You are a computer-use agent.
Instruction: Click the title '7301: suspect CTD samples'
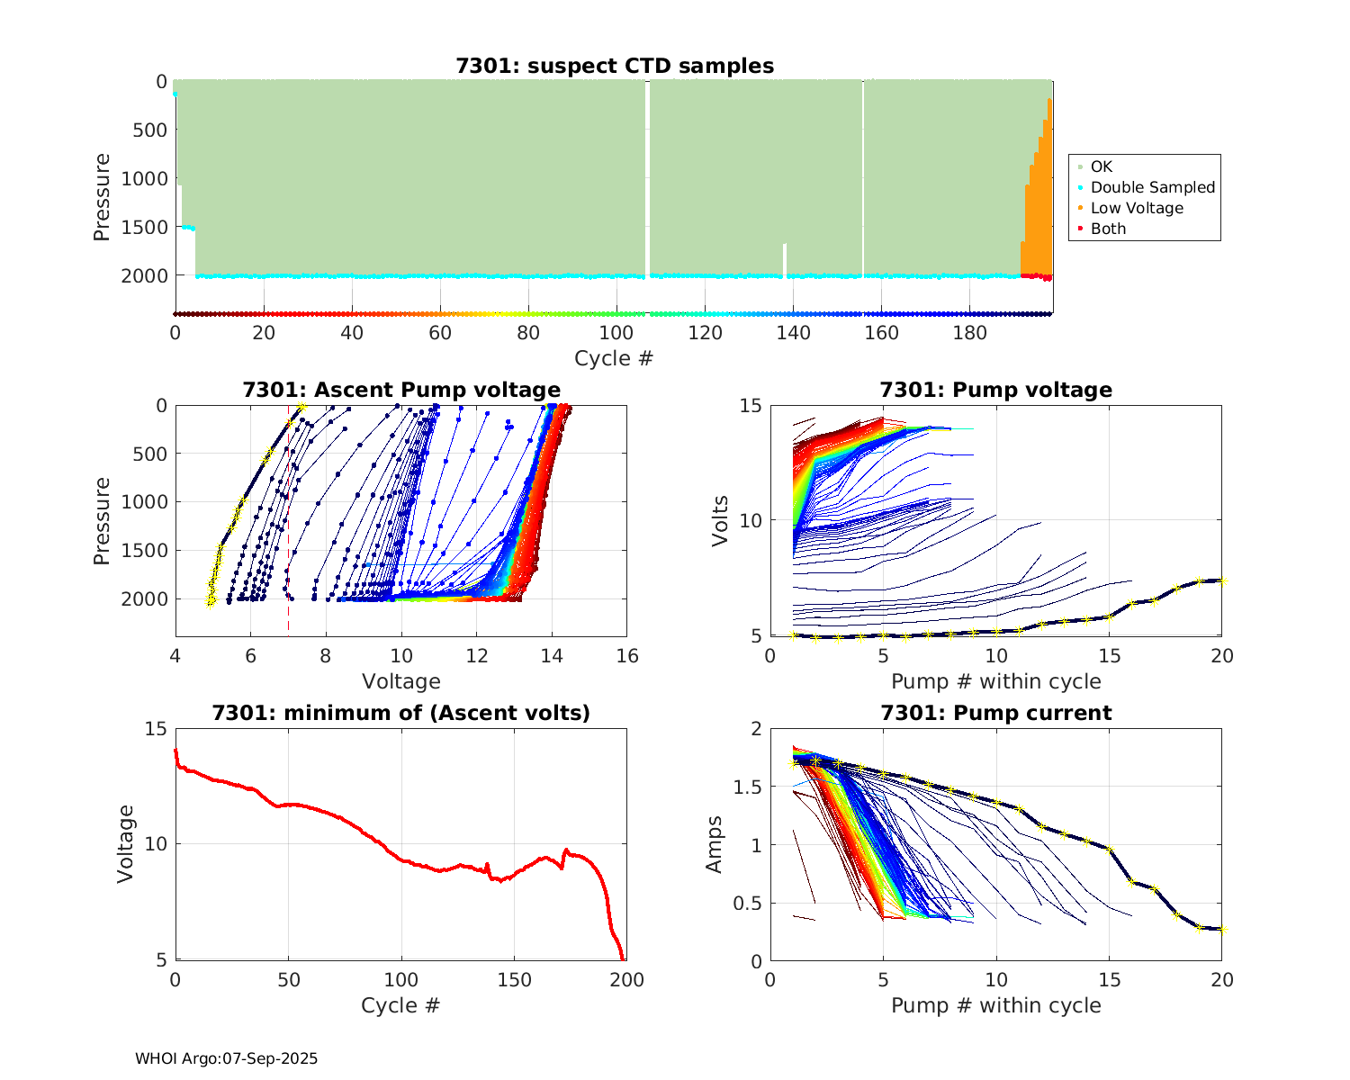click(x=615, y=66)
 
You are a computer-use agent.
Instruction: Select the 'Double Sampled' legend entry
click(x=1152, y=187)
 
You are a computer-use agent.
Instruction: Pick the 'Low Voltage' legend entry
click(x=1137, y=208)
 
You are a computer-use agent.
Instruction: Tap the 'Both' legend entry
click(x=1108, y=229)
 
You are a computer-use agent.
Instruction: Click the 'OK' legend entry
click(x=1101, y=166)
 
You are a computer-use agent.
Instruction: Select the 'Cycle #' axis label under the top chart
click(x=614, y=358)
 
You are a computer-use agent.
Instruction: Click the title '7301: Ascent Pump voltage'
click(x=401, y=390)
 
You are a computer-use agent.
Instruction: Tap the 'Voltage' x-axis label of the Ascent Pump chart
click(x=401, y=681)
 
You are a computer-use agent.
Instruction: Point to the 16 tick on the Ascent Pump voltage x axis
click(x=627, y=656)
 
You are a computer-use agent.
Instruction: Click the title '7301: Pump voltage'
click(x=996, y=390)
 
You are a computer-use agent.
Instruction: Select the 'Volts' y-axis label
click(x=719, y=520)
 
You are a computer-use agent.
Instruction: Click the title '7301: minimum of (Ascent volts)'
click(x=401, y=713)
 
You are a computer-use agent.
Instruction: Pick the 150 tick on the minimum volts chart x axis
click(x=514, y=980)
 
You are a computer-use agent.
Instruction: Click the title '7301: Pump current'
click(x=996, y=713)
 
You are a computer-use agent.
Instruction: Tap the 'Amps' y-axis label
click(x=715, y=843)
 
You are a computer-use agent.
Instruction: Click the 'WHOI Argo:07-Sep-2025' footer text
click(x=227, y=1058)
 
